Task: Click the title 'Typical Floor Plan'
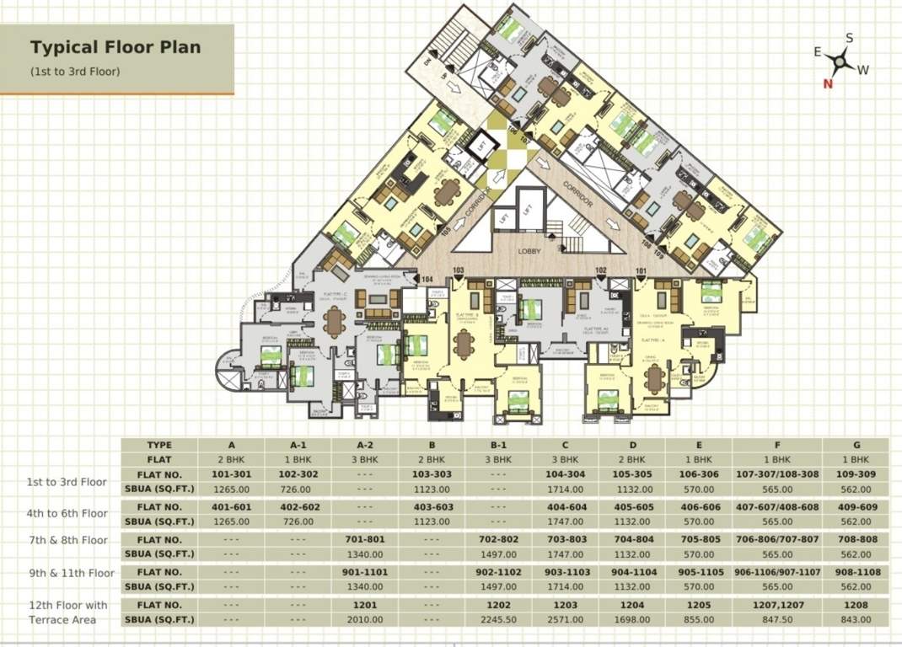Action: (x=115, y=47)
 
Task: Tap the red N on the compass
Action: (x=828, y=83)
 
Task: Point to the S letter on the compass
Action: (x=849, y=38)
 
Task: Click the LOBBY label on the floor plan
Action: (x=529, y=251)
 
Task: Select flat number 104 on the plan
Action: (x=427, y=279)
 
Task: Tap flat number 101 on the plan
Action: (x=641, y=271)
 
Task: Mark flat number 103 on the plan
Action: (x=459, y=271)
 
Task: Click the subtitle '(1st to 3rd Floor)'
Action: (x=75, y=72)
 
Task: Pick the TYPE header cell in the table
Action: (x=159, y=445)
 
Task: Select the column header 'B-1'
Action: (x=498, y=445)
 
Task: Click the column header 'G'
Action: (x=855, y=445)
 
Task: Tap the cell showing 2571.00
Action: (x=565, y=619)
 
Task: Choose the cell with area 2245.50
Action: (x=498, y=619)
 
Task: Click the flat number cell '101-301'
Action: (x=231, y=474)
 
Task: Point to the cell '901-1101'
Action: (x=364, y=572)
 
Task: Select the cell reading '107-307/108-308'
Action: (x=776, y=474)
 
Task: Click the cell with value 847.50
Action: (x=776, y=619)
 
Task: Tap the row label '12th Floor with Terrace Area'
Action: (x=67, y=612)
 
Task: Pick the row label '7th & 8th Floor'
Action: (x=67, y=540)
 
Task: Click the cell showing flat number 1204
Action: (x=631, y=605)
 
